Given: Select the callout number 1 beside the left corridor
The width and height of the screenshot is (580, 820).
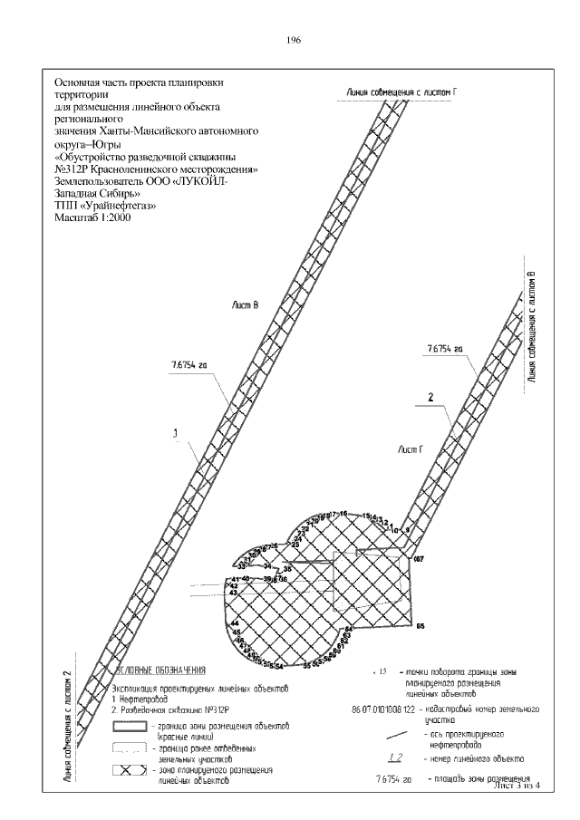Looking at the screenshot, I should coord(174,433).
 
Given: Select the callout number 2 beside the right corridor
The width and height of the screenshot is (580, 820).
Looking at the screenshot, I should coord(430,397).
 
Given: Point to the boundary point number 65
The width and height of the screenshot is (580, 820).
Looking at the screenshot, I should coord(420,625).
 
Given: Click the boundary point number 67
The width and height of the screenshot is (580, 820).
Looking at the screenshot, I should coord(419,560).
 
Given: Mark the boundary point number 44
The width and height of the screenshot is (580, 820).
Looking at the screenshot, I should coord(235,624).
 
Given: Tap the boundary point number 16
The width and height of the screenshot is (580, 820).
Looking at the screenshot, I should coord(343,514).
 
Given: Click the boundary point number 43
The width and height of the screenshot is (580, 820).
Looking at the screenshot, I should coord(233,593).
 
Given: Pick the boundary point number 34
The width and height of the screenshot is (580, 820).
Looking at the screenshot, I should coord(267,565).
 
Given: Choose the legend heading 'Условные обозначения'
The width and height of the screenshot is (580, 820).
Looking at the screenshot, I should coord(163,670).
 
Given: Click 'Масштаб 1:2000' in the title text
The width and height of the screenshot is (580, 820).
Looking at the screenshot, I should coord(91,218).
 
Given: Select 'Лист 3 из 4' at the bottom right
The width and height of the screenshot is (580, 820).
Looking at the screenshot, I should coord(512,785).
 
